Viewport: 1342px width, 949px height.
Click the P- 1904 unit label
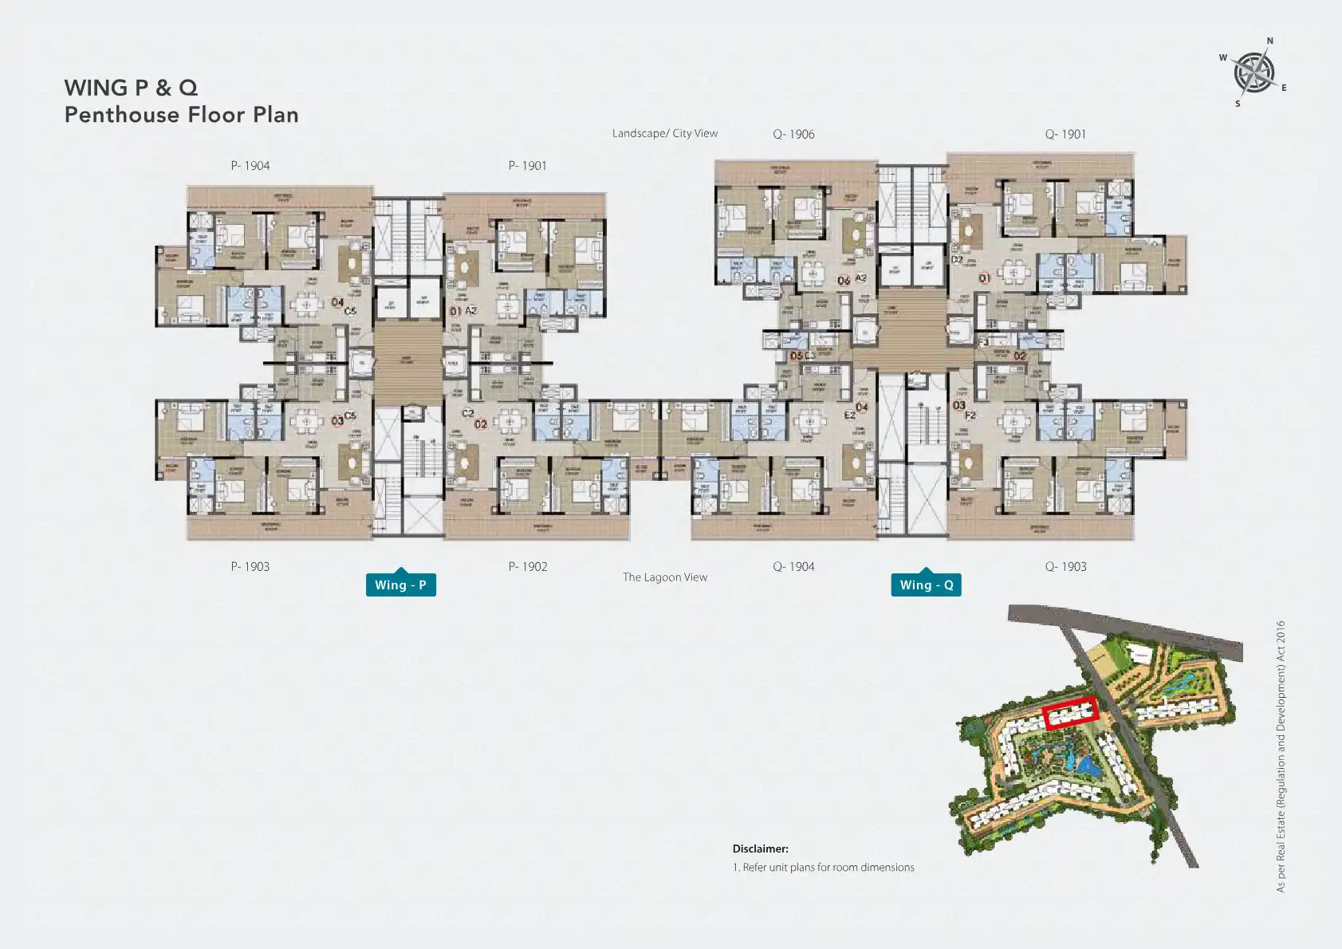click(250, 166)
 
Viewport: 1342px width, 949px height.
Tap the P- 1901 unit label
click(528, 166)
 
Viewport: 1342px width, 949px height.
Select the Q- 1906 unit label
click(793, 134)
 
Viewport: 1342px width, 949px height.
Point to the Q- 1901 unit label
click(1065, 134)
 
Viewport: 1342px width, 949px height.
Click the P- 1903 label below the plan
click(250, 566)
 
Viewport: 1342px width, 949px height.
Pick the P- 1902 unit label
click(528, 566)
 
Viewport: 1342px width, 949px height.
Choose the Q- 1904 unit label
click(793, 566)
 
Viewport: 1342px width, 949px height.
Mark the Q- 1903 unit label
click(1065, 566)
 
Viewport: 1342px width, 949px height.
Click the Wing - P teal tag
click(400, 585)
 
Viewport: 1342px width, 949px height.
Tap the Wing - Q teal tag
click(926, 585)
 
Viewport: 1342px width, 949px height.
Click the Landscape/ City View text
click(665, 133)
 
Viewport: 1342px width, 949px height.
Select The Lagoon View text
click(665, 577)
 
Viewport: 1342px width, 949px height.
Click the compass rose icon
click(1253, 73)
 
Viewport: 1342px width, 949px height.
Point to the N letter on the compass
click(1270, 41)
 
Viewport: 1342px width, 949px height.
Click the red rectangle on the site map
click(1071, 712)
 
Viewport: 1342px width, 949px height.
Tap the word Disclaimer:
click(761, 849)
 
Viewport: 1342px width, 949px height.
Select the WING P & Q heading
click(131, 88)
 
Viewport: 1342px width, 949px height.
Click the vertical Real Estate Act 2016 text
click(1281, 756)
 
